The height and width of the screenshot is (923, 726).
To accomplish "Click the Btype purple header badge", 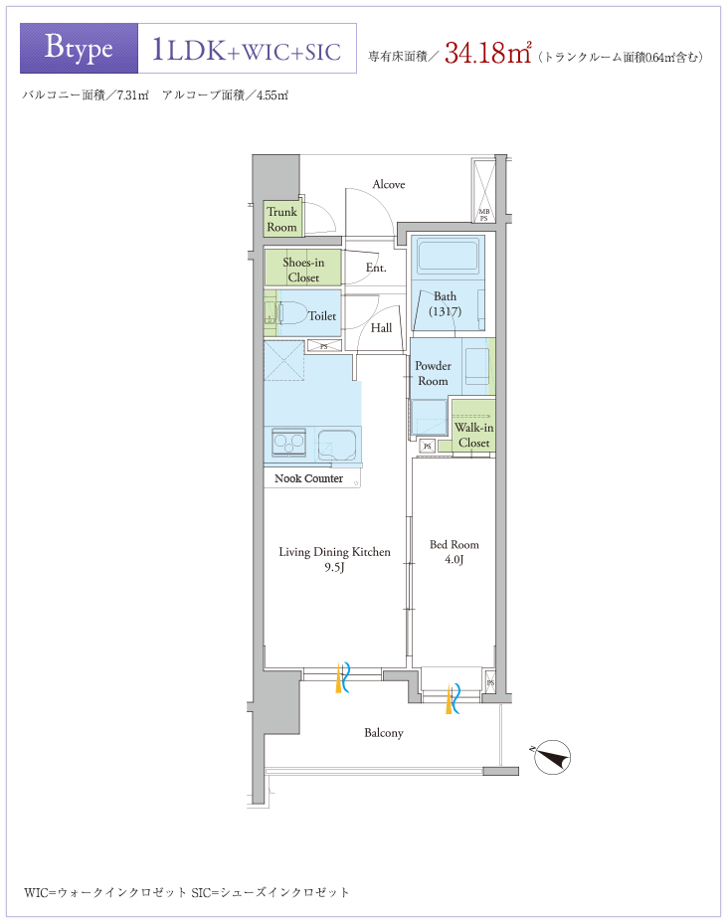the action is click(x=79, y=49).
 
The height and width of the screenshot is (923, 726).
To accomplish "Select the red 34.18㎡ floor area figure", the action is click(x=488, y=52).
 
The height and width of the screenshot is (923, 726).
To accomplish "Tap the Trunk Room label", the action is click(x=282, y=220).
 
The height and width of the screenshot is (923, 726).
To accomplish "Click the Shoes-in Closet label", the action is click(x=303, y=270).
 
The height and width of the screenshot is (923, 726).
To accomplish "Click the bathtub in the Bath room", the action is click(x=448, y=255).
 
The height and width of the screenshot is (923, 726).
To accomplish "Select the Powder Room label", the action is click(x=433, y=373).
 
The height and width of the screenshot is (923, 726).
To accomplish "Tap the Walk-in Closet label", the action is click(x=474, y=435).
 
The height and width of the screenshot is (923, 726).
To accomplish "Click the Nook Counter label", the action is click(x=308, y=478).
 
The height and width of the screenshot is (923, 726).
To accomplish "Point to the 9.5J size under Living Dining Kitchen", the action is click(x=334, y=568).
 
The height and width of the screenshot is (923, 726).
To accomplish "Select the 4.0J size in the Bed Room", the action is click(x=454, y=559).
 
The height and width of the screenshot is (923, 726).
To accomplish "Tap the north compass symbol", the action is click(x=552, y=757).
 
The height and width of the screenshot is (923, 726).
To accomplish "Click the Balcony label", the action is click(x=384, y=733).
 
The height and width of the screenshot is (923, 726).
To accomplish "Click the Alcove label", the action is click(x=389, y=184).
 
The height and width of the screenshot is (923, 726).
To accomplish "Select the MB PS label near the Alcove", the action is click(x=484, y=215).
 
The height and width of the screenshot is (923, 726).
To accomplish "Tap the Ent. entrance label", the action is click(x=376, y=268).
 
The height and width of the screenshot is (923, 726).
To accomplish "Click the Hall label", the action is click(x=381, y=328).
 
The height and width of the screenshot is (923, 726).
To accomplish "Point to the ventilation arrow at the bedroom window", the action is click(x=453, y=698).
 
